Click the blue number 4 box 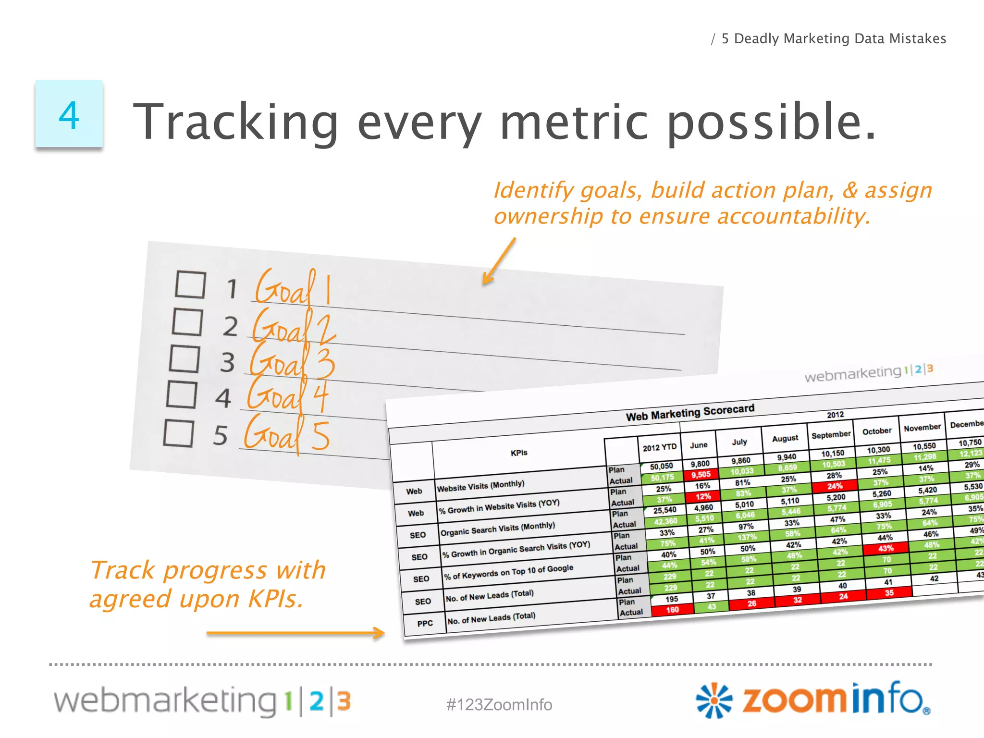pyautogui.click(x=69, y=114)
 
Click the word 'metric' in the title pyautogui.click(x=574, y=122)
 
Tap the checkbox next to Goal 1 pyautogui.click(x=190, y=284)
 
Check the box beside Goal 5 pyautogui.click(x=178, y=433)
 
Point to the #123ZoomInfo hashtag pyautogui.click(x=499, y=704)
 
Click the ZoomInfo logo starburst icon pyautogui.click(x=714, y=700)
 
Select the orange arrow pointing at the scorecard pyautogui.click(x=295, y=633)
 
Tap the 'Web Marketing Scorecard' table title pyautogui.click(x=689, y=412)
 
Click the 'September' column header pyautogui.click(x=831, y=434)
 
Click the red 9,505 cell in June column pyautogui.click(x=701, y=475)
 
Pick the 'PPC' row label pyautogui.click(x=425, y=623)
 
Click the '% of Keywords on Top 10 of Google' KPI pyautogui.click(x=508, y=572)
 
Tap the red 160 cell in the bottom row pyautogui.click(x=672, y=610)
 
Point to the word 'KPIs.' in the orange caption pyautogui.click(x=276, y=599)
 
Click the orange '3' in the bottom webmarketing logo pyautogui.click(x=344, y=701)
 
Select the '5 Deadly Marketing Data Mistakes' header pyautogui.click(x=834, y=38)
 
